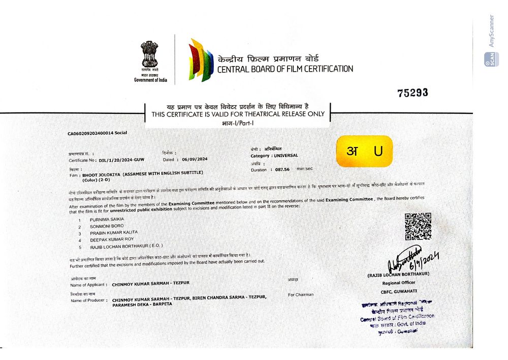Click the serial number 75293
412,93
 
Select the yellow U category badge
363,152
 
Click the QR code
418,226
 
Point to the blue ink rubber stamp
398,316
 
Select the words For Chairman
300,294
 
